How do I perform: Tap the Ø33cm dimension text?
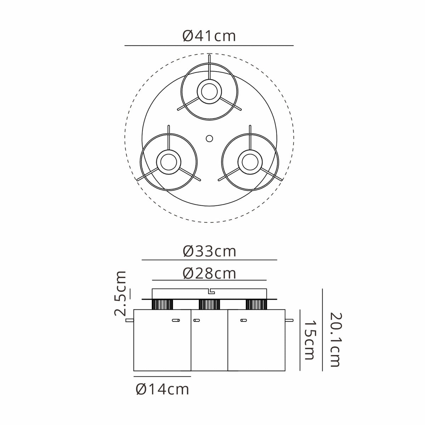[x=209, y=251]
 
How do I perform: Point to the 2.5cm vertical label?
[x=121, y=293]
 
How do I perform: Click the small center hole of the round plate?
[x=209, y=138]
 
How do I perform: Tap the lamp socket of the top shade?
[x=209, y=91]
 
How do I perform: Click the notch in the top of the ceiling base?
[x=211, y=291]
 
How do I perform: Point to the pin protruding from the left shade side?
[x=130, y=321]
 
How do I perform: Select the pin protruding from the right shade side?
[x=289, y=321]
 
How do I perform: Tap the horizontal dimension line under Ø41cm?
[x=209, y=46]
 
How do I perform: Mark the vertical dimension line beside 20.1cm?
[x=323, y=329]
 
